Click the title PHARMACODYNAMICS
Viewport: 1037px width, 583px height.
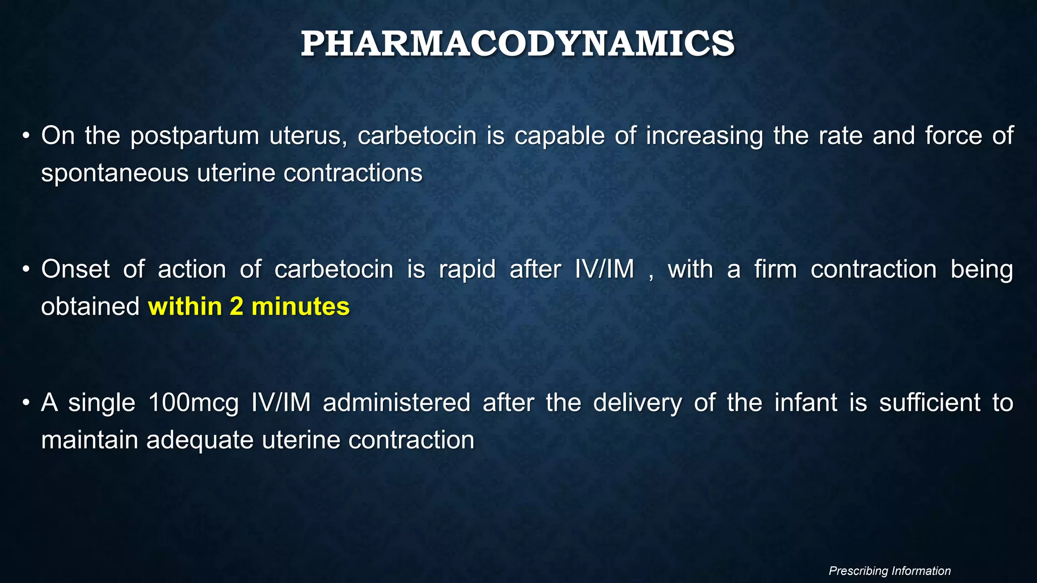(517, 44)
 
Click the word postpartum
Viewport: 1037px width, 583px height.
(194, 136)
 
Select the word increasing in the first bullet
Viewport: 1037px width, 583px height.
(704, 136)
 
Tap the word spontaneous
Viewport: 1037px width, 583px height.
(114, 174)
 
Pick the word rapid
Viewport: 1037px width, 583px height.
(467, 269)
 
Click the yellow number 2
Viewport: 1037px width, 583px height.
(236, 307)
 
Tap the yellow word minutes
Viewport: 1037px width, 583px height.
(300, 307)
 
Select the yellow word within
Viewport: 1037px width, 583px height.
(185, 307)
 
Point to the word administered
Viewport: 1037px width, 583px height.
(396, 403)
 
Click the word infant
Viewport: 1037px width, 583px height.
(806, 403)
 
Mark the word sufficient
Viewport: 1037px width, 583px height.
(930, 403)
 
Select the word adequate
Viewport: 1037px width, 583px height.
(200, 440)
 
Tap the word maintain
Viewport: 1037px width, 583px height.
(90, 440)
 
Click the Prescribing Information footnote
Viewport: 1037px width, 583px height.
(889, 571)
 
